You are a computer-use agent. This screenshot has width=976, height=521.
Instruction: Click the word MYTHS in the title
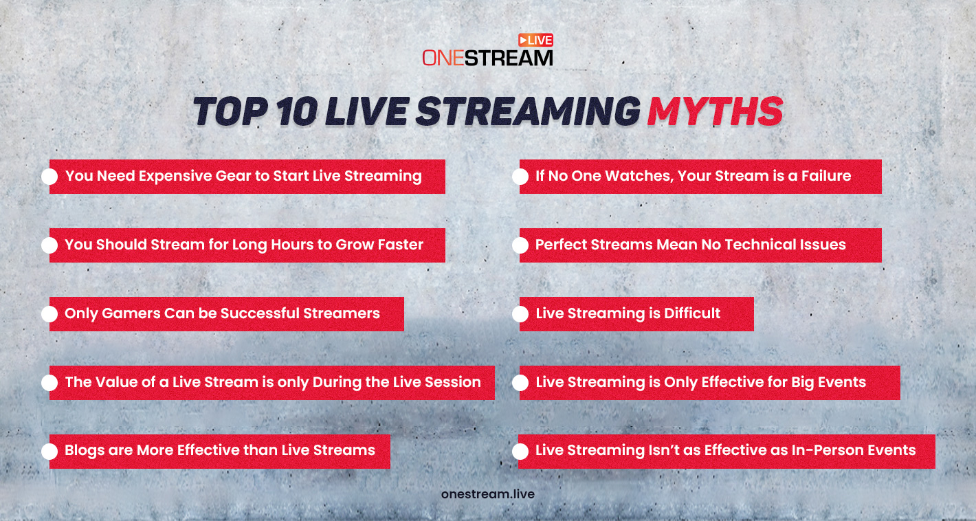[714, 112]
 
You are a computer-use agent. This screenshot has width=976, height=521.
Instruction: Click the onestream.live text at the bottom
[487, 494]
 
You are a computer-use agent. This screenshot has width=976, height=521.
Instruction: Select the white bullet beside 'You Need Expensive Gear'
[49, 177]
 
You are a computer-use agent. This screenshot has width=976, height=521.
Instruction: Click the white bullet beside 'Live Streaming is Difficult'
[520, 314]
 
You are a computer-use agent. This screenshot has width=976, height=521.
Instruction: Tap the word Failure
[824, 176]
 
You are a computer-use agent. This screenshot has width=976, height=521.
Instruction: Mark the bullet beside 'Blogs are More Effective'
[49, 452]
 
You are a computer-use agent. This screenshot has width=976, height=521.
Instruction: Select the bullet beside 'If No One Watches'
[520, 177]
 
